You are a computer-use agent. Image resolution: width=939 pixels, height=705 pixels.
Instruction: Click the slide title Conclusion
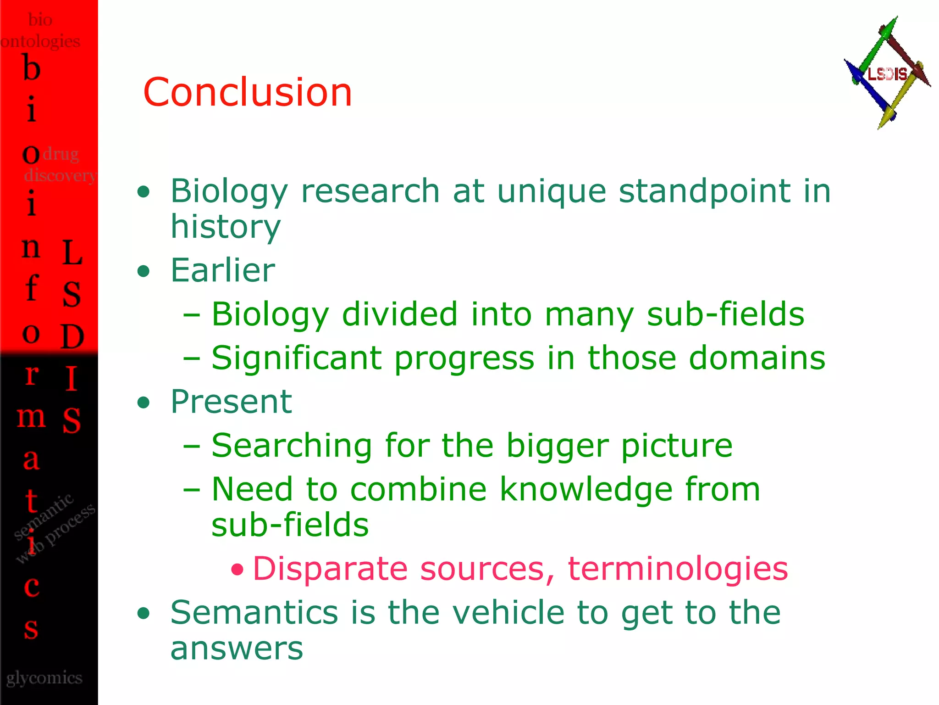tap(248, 93)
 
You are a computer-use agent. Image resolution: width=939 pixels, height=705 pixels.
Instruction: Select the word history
tap(225, 228)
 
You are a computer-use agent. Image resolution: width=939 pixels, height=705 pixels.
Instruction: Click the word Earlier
tap(223, 271)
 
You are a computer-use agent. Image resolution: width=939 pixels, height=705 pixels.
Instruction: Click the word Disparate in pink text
tap(330, 569)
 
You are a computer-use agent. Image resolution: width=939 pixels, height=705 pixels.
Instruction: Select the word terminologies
tap(678, 569)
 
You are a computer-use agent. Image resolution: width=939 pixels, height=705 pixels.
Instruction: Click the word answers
tap(237, 649)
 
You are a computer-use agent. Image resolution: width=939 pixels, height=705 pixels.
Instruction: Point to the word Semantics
tap(254, 613)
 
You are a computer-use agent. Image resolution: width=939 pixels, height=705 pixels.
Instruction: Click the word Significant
tap(296, 358)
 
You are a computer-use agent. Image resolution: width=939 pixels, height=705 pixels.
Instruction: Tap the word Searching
tap(292, 446)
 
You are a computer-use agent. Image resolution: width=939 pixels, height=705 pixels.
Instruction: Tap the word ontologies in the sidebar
tap(40, 41)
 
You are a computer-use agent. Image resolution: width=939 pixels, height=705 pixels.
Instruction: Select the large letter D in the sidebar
tap(72, 337)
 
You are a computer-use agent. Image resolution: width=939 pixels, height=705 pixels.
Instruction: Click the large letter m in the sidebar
tap(31, 417)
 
